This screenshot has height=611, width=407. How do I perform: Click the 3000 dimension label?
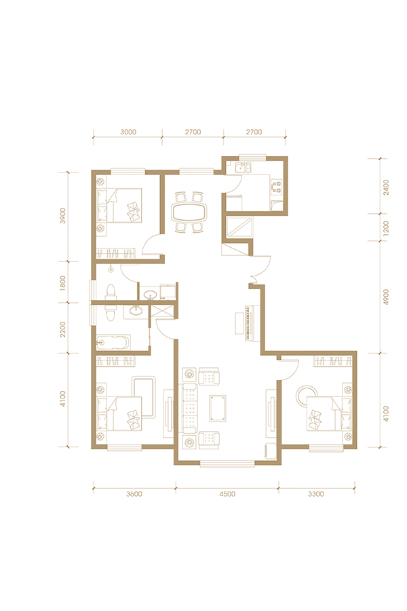(x=128, y=132)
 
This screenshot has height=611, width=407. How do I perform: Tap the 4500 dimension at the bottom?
(x=227, y=494)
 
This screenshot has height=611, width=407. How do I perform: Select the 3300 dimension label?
(x=316, y=494)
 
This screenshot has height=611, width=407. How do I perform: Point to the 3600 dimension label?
(x=134, y=494)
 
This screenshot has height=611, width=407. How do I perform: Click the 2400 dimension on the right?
(x=385, y=187)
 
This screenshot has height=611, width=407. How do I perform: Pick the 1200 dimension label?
(x=385, y=228)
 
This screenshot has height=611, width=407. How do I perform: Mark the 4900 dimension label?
(x=385, y=297)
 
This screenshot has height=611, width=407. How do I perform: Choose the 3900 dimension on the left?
(x=63, y=216)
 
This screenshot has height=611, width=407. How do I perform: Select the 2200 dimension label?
(x=63, y=329)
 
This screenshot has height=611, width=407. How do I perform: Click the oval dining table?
(x=190, y=212)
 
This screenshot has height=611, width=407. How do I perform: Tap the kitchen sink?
(x=243, y=168)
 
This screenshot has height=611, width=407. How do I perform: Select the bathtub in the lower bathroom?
(x=113, y=342)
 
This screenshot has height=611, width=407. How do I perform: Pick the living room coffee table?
(x=218, y=408)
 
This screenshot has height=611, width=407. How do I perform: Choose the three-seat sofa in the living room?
(x=189, y=408)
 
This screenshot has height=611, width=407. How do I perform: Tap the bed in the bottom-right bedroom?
(x=329, y=413)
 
